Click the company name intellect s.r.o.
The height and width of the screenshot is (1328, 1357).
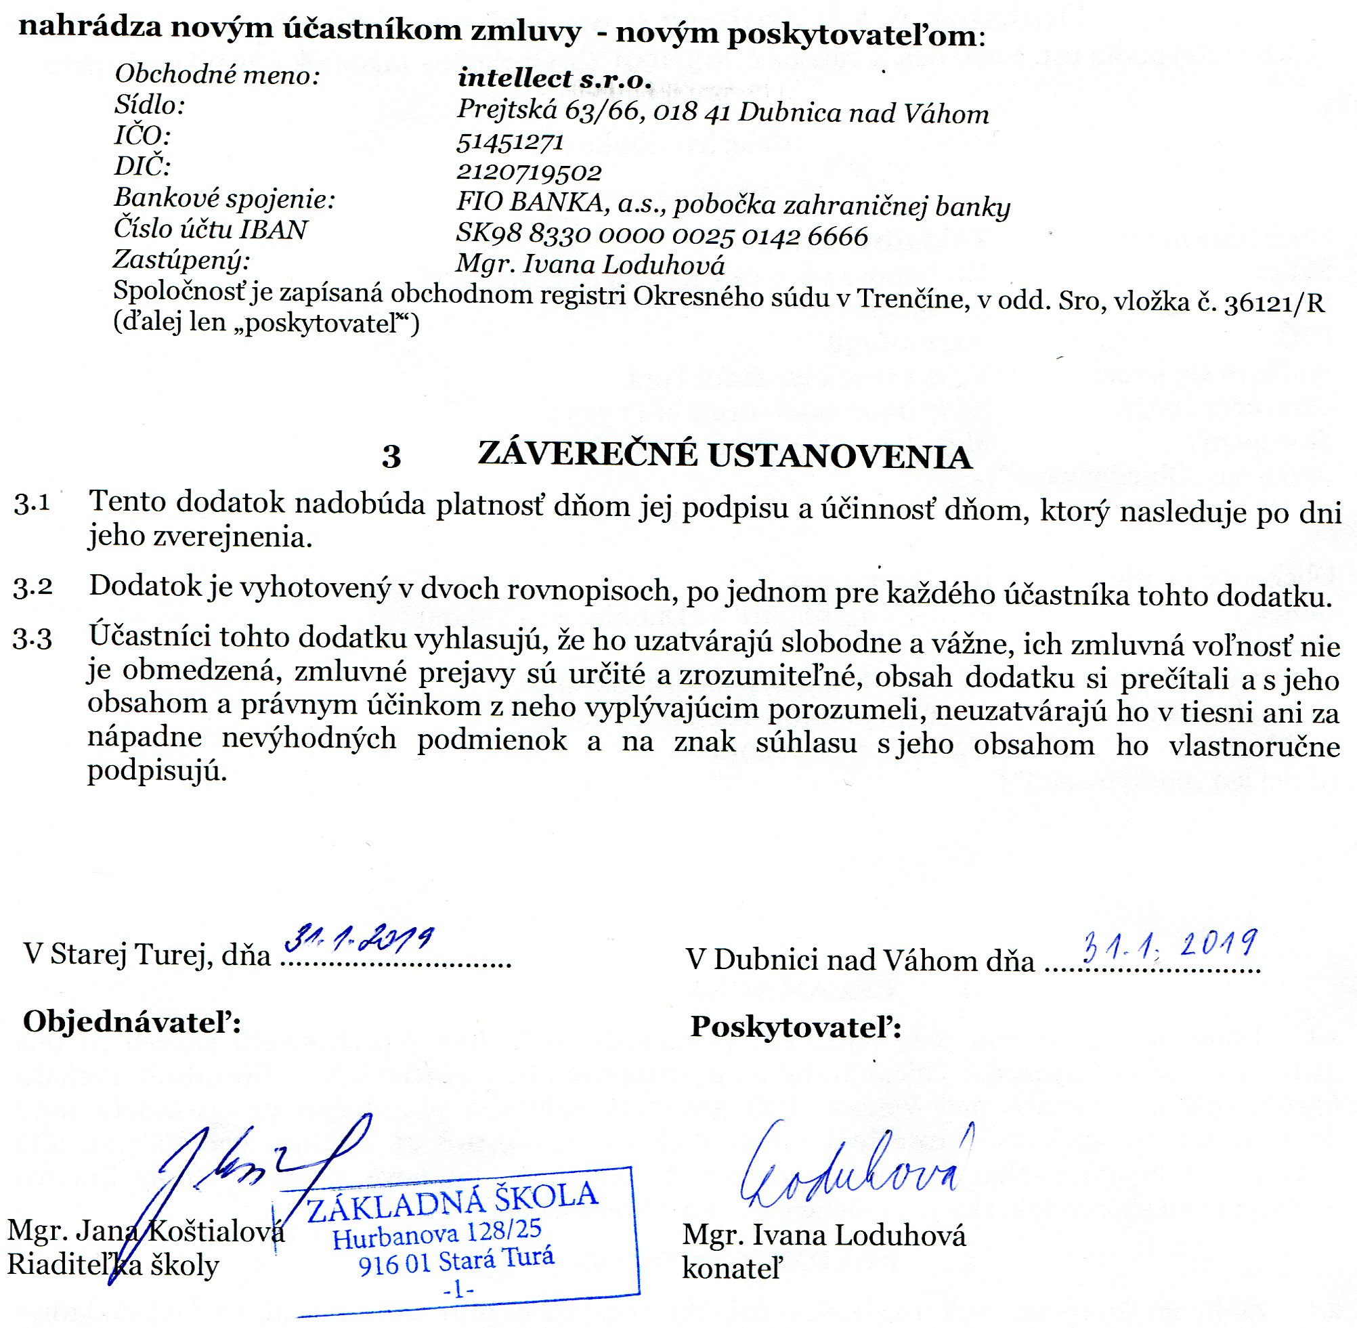pos(554,78)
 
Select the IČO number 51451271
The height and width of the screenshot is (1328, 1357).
pos(509,142)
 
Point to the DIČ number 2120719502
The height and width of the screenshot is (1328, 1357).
pos(529,171)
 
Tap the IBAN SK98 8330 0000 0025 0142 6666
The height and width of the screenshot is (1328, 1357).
pos(662,236)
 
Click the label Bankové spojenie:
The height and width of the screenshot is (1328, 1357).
pos(225,200)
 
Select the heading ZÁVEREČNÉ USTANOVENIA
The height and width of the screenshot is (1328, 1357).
pos(725,457)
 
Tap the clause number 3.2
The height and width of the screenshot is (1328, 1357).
pos(33,587)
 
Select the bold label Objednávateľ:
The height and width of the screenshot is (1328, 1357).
pos(132,1022)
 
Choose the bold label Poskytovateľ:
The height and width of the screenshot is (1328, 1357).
pos(796,1027)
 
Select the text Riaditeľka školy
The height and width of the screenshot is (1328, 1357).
pos(113,1265)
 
